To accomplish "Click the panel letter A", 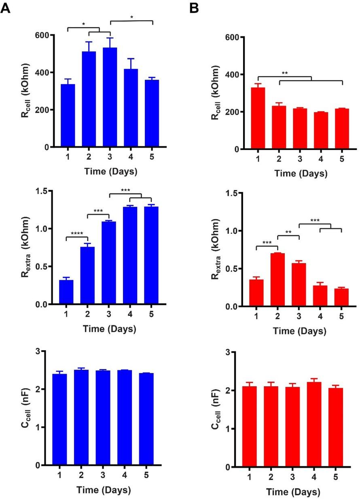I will point(6,8).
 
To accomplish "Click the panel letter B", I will point(194,8).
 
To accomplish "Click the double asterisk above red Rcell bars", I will point(285,74).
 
